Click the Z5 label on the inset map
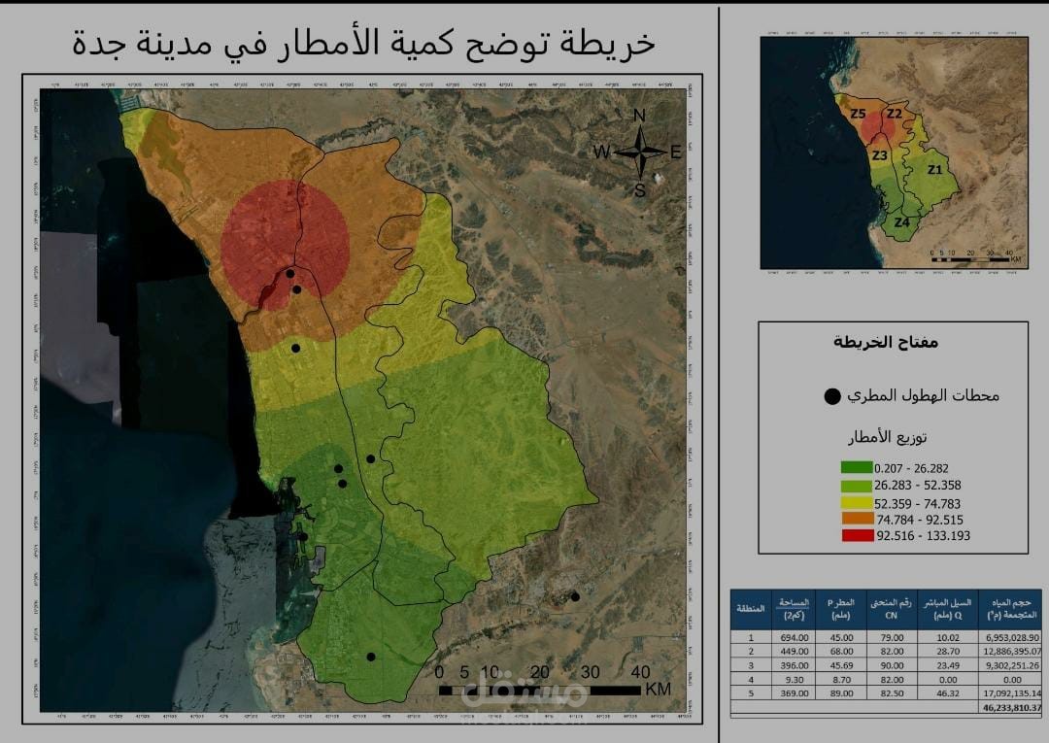(858, 115)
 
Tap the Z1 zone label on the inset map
(934, 170)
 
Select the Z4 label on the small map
(902, 222)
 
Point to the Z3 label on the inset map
(880, 155)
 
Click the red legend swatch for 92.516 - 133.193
(857, 535)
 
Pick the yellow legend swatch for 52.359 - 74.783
(857, 502)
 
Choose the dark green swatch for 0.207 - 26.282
(857, 468)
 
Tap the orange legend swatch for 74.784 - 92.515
(857, 519)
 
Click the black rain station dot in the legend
(831, 396)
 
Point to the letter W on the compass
(602, 152)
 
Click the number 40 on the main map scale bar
(639, 672)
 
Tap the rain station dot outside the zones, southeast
(575, 596)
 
